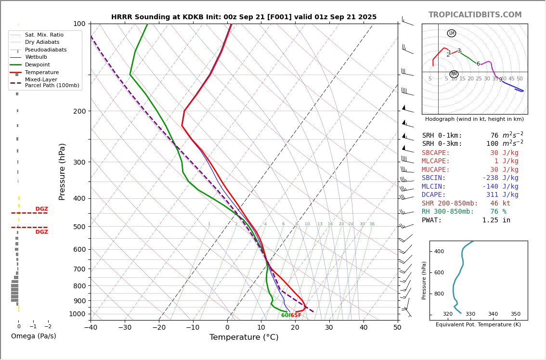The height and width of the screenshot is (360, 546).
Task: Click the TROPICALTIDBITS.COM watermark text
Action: click(x=475, y=15)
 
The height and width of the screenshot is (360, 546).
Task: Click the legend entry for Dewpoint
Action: click(x=37, y=64)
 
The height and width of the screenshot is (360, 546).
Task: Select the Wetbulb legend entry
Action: click(x=36, y=57)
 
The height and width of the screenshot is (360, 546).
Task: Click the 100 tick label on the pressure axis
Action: click(x=79, y=24)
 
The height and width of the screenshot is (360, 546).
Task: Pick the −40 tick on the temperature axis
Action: click(x=91, y=328)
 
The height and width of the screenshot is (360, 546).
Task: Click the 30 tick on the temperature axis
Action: click(x=329, y=328)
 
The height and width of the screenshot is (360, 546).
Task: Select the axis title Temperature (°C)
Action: click(x=244, y=337)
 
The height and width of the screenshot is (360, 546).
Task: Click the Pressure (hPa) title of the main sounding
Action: click(x=62, y=171)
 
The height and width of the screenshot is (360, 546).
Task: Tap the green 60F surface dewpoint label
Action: click(x=285, y=315)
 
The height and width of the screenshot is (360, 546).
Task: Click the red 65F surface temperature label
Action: click(x=296, y=315)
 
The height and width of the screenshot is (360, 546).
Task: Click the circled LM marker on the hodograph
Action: click(x=451, y=33)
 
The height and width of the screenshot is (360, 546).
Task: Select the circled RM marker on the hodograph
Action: click(x=454, y=74)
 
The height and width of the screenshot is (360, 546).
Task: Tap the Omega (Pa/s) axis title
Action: click(x=33, y=336)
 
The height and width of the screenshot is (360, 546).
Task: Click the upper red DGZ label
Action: click(x=41, y=209)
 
